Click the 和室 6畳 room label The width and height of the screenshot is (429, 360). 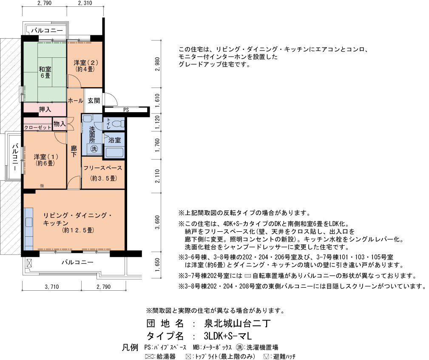(x=45, y=72)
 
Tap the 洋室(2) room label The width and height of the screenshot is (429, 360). (x=85, y=66)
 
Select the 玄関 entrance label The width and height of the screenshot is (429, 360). (x=94, y=101)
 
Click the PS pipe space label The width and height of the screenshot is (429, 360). (x=126, y=110)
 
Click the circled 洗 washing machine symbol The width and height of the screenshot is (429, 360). (x=94, y=148)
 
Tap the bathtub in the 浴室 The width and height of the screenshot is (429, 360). (x=115, y=152)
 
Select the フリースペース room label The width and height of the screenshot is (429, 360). (x=102, y=168)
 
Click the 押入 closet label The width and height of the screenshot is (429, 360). (x=45, y=109)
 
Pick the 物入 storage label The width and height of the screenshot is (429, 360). (x=60, y=124)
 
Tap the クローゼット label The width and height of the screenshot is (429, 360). (x=38, y=127)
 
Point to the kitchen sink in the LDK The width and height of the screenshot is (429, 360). (x=29, y=222)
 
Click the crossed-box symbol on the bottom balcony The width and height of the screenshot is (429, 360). (x=29, y=263)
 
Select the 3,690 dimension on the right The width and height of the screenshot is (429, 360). (x=157, y=222)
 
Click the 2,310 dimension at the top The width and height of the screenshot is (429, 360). (x=85, y=3)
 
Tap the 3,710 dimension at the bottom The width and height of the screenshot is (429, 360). (x=52, y=287)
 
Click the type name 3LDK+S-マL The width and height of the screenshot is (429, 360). (x=227, y=336)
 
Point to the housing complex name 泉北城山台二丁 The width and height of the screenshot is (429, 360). (x=237, y=323)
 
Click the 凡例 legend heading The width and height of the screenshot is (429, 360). (x=130, y=347)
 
